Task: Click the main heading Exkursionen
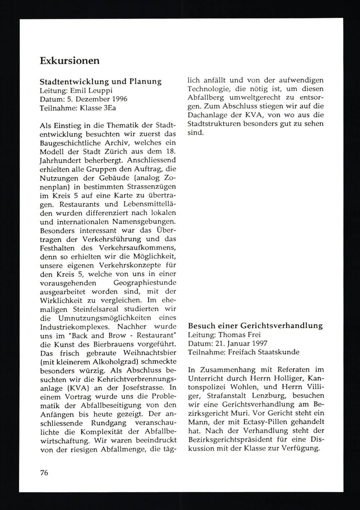(x=69, y=61)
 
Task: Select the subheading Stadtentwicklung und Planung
(x=100, y=81)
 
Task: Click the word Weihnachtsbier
(x=148, y=361)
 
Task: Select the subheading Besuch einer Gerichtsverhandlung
(x=255, y=326)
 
